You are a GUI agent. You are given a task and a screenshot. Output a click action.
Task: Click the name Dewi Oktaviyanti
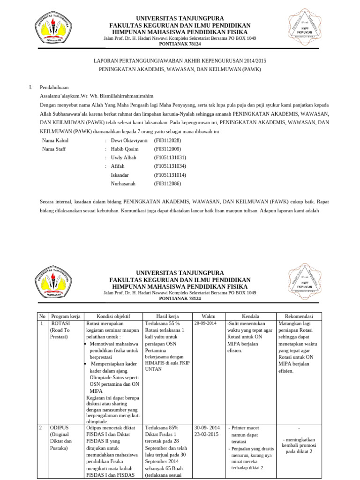click(129, 141)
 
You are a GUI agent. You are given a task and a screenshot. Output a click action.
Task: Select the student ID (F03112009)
click(167, 149)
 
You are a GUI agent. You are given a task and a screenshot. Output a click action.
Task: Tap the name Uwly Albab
click(123, 157)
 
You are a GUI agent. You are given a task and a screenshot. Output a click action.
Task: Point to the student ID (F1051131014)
click(170, 175)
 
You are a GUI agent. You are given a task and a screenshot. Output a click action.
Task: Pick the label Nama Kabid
click(55, 141)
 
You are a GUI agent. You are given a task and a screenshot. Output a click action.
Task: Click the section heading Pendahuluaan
click(54, 87)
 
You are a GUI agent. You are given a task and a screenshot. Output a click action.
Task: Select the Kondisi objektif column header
click(113, 316)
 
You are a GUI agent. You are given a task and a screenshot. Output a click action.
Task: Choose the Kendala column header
click(250, 316)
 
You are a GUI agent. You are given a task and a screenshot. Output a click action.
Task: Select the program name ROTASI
click(60, 323)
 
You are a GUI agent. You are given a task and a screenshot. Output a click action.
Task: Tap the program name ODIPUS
click(60, 428)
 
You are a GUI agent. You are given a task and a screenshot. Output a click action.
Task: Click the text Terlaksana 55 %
click(162, 323)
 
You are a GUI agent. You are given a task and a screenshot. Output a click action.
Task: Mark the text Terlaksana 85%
click(162, 428)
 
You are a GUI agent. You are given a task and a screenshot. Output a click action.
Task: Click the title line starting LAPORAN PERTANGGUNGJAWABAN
click(180, 60)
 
